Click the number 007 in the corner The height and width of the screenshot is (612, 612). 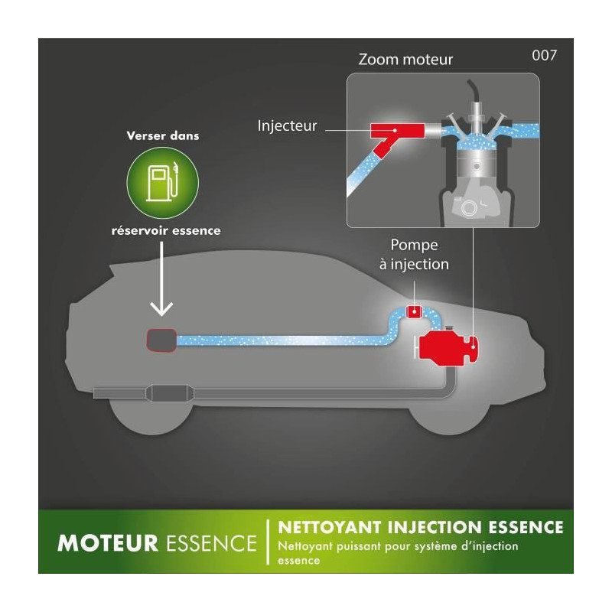click(x=544, y=55)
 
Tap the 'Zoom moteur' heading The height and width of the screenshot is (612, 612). click(x=405, y=60)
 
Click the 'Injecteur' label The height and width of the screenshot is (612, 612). click(x=287, y=125)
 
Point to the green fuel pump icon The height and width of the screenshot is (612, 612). click(x=163, y=183)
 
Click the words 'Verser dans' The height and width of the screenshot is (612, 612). click(x=163, y=136)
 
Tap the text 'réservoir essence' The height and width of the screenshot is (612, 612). click(x=166, y=231)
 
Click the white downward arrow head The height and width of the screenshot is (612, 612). click(x=161, y=309)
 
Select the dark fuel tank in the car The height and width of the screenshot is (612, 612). click(x=161, y=340)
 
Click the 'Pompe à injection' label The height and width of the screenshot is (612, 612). click(x=414, y=255)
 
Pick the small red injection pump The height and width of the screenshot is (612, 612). click(x=414, y=312)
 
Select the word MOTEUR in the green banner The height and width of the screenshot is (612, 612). click(x=107, y=543)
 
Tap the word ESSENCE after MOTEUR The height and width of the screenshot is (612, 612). click(x=212, y=543)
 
